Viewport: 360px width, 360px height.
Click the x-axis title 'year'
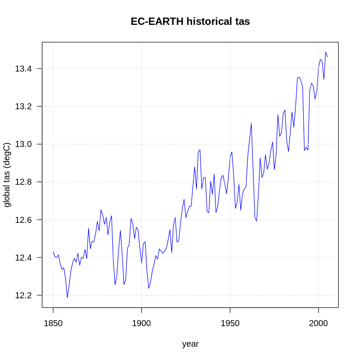[190, 344]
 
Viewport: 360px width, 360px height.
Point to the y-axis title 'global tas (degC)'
[7, 175]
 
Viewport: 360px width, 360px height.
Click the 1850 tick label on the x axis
[53, 323]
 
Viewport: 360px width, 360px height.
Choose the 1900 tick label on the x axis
[141, 323]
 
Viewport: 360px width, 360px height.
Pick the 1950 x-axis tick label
[230, 323]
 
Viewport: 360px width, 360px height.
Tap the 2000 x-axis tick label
[318, 323]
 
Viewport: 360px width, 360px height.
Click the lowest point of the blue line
[67, 297]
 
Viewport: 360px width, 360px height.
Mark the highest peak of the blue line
[326, 52]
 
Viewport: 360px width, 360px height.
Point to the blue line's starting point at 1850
[53, 252]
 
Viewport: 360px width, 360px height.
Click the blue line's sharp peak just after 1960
[251, 123]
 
